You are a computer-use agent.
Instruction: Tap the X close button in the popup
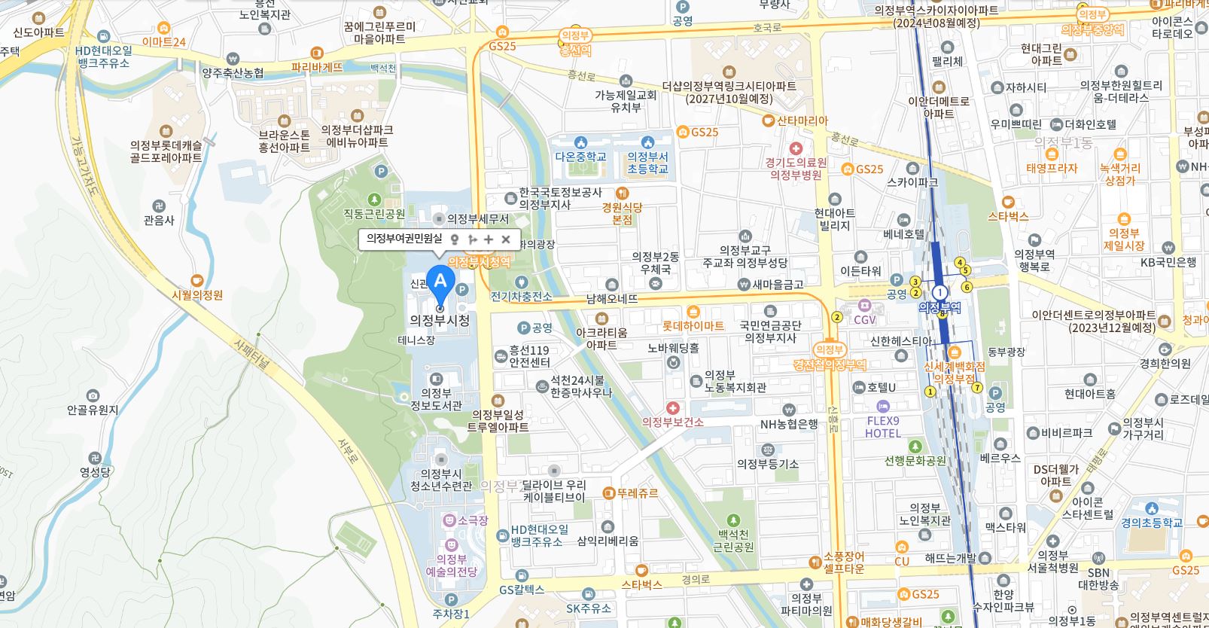(506, 239)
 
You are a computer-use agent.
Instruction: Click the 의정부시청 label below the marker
(440, 320)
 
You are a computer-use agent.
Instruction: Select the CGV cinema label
(864, 319)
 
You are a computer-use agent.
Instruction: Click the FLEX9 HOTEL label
(883, 427)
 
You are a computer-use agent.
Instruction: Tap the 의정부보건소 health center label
(672, 422)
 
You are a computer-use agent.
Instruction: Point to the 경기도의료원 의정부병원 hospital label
(796, 168)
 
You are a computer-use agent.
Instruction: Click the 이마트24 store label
(163, 42)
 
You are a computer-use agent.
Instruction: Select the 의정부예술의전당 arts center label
(452, 565)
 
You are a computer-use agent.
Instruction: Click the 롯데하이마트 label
(693, 325)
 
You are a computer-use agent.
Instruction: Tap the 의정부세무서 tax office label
(477, 219)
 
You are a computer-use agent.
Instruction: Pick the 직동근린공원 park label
(374, 214)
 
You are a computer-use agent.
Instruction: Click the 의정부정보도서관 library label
(436, 398)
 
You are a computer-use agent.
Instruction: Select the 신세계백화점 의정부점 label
(955, 372)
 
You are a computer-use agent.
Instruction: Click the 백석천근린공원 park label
(733, 540)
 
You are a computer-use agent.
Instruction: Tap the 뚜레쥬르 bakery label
(637, 493)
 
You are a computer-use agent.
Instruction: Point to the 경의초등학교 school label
(1152, 522)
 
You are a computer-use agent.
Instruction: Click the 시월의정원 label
(197, 295)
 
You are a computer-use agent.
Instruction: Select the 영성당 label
(95, 472)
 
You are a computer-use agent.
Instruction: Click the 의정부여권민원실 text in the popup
(404, 239)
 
